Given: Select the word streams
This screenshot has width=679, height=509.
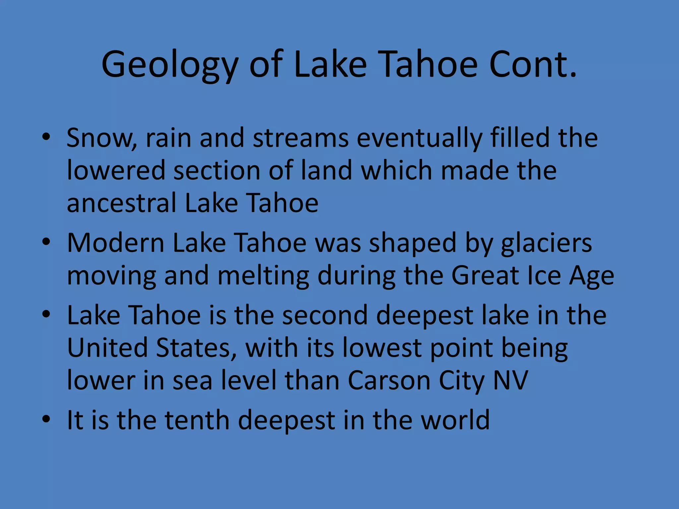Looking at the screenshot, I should point(301,138).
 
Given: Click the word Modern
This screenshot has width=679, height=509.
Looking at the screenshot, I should point(116,243).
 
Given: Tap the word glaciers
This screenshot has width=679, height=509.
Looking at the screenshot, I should point(546,243).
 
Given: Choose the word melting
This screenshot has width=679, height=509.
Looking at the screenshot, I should point(263,276).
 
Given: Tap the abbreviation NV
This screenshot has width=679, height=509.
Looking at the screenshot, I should point(511,380).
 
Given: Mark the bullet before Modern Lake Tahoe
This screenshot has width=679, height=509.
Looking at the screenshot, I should point(46,242).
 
